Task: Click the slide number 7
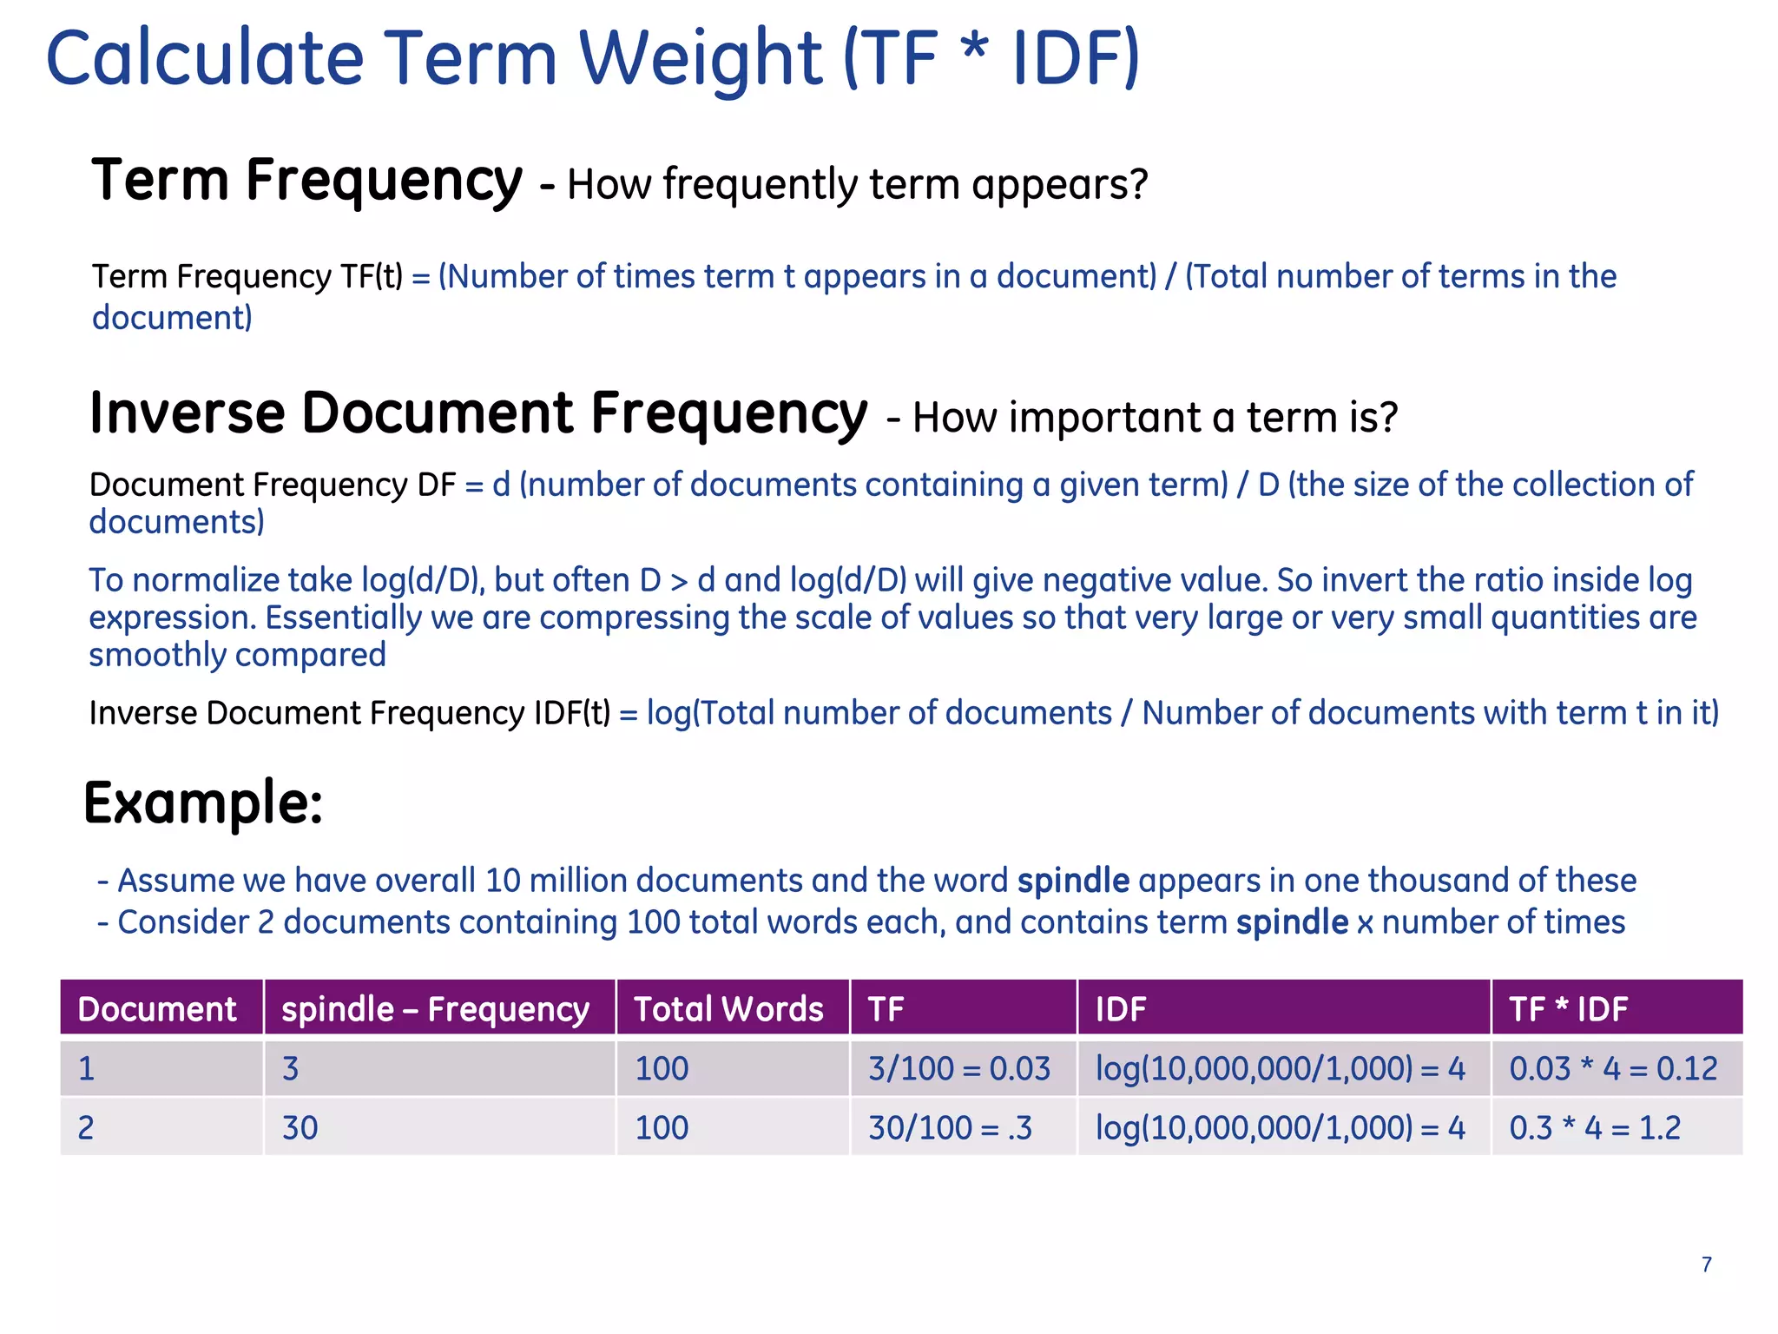coord(1706,1265)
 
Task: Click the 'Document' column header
coord(157,1009)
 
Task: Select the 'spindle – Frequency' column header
coord(436,1009)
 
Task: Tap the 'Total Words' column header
coord(728,1009)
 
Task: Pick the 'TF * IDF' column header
coord(1568,1009)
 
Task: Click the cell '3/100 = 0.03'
coord(959,1068)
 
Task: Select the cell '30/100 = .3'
coord(951,1127)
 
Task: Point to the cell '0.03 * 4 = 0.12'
coord(1613,1068)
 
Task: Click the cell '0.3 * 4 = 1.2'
coord(1595,1127)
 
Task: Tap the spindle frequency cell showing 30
coord(300,1127)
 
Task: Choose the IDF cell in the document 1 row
coord(1281,1068)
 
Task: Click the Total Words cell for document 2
coord(662,1127)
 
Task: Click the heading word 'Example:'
coord(203,802)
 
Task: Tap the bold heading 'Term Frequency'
coord(307,181)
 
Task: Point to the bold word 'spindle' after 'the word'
coord(1073,881)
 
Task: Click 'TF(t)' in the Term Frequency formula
coord(372,277)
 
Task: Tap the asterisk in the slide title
coord(975,48)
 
